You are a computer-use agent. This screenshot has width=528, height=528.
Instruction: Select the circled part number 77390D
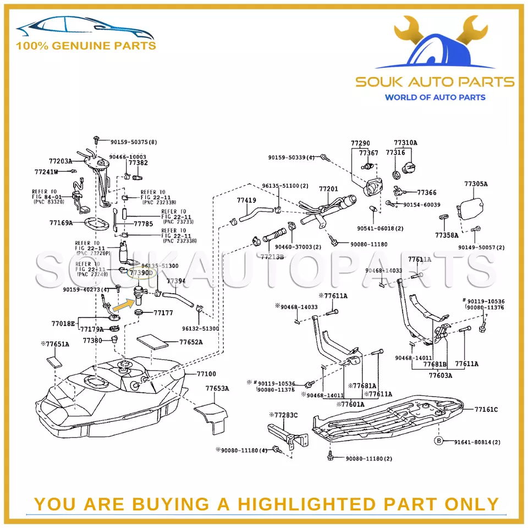pyautogui.click(x=141, y=272)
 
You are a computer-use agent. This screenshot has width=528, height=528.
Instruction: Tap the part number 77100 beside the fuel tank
pyautogui.click(x=206, y=374)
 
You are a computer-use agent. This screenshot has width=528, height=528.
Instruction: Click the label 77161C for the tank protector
pyautogui.click(x=486, y=409)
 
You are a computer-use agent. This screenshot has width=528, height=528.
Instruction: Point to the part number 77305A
pyautogui.click(x=476, y=184)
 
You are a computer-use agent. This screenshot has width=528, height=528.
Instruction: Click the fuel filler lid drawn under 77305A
pyautogui.click(x=473, y=207)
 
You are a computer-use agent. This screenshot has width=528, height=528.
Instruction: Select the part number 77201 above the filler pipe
pyautogui.click(x=328, y=189)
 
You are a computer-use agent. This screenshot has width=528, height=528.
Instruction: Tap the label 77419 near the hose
pyautogui.click(x=246, y=201)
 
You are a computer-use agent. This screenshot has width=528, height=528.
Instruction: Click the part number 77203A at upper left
pyautogui.click(x=61, y=161)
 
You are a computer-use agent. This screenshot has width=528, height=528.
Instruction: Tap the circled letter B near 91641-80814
pyautogui.click(x=439, y=441)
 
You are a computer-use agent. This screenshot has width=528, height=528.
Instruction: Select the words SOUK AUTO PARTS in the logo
pyautogui.click(x=435, y=82)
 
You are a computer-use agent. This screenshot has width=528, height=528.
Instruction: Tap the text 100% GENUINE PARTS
pyautogui.click(x=86, y=46)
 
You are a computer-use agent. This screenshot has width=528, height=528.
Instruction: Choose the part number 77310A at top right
pyautogui.click(x=405, y=143)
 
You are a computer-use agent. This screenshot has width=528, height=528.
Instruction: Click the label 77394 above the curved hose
pyautogui.click(x=176, y=281)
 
